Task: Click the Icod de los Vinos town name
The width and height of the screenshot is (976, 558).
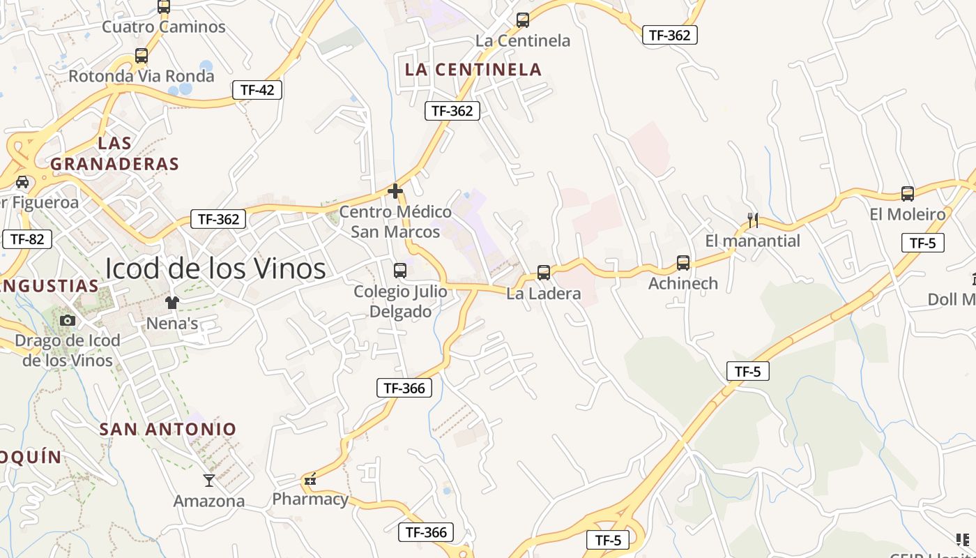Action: click(x=215, y=269)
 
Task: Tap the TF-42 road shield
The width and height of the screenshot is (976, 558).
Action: click(x=257, y=89)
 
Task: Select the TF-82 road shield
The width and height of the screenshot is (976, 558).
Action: click(x=27, y=239)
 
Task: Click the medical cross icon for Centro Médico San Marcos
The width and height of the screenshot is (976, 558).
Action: click(x=395, y=190)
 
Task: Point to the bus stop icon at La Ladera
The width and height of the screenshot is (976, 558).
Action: click(x=544, y=273)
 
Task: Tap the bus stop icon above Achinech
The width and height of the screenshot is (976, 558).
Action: click(x=683, y=263)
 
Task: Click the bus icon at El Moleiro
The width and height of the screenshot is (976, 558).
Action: click(x=907, y=194)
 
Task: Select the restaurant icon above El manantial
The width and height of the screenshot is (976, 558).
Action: click(x=753, y=220)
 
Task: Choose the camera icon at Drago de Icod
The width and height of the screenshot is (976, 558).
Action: click(x=68, y=320)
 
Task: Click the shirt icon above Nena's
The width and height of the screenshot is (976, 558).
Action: click(x=172, y=303)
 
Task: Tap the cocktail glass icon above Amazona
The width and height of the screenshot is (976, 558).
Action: click(x=209, y=480)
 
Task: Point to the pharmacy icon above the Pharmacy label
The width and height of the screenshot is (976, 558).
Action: click(x=310, y=479)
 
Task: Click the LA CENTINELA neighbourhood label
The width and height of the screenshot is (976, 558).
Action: click(x=473, y=69)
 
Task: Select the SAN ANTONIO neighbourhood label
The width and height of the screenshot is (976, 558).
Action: click(x=168, y=429)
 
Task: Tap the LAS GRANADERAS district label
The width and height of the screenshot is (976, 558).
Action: click(x=115, y=153)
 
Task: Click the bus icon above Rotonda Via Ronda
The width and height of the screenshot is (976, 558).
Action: click(x=142, y=56)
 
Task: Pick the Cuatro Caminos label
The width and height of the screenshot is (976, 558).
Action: click(x=164, y=27)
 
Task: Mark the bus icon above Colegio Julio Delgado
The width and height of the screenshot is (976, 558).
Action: click(x=400, y=271)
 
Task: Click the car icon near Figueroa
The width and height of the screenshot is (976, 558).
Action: click(x=22, y=182)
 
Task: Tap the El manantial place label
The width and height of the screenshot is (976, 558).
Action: click(x=753, y=241)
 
